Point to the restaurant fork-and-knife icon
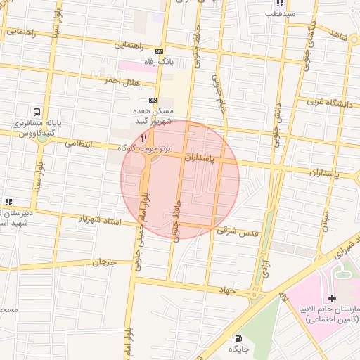(144, 138)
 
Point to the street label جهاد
(226, 289)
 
